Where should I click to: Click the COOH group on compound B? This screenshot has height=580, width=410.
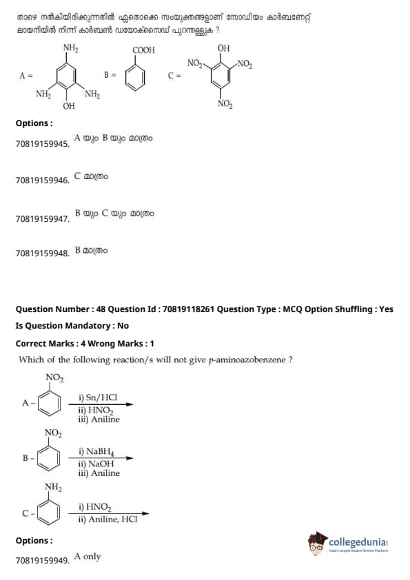(x=143, y=50)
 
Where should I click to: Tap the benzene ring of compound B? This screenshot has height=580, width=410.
(x=135, y=79)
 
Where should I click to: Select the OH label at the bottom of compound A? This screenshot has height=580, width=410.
(x=69, y=106)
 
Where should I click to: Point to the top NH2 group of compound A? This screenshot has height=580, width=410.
(x=70, y=48)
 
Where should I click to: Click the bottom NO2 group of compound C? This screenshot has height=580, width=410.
(x=225, y=104)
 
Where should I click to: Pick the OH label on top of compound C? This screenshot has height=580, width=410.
(x=223, y=48)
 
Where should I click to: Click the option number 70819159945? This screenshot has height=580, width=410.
(x=43, y=144)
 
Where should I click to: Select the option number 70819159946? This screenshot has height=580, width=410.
(x=43, y=180)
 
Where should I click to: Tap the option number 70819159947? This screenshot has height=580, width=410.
(x=43, y=219)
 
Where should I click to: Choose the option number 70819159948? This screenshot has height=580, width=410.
(x=43, y=253)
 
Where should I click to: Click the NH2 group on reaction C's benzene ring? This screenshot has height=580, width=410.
(x=53, y=487)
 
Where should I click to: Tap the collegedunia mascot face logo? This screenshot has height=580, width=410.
(x=318, y=543)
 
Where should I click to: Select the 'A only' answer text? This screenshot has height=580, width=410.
(x=88, y=557)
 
